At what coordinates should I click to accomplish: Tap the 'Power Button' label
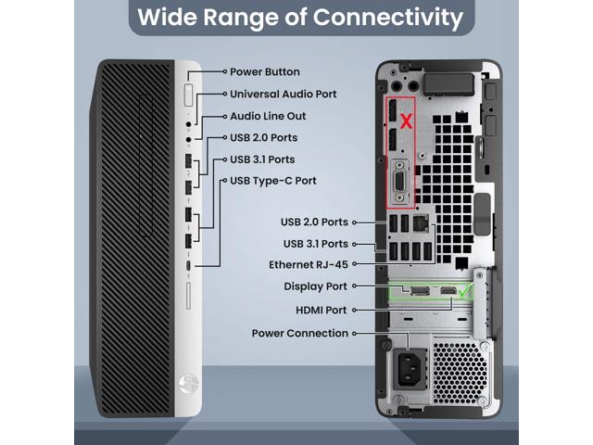pos(264,71)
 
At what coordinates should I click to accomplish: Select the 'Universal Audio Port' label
pos(283,94)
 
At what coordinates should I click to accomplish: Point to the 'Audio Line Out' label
pos(267,116)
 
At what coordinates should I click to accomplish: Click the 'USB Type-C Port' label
pos(272,180)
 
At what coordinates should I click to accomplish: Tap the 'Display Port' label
pos(316,286)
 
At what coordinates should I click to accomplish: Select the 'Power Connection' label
pos(299,333)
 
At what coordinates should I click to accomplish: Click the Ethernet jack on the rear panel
pos(422,223)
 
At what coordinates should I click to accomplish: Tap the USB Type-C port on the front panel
pos(188,269)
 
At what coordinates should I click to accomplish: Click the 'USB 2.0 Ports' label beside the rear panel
pos(316,222)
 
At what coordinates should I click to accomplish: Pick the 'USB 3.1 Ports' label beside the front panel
pos(262,159)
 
